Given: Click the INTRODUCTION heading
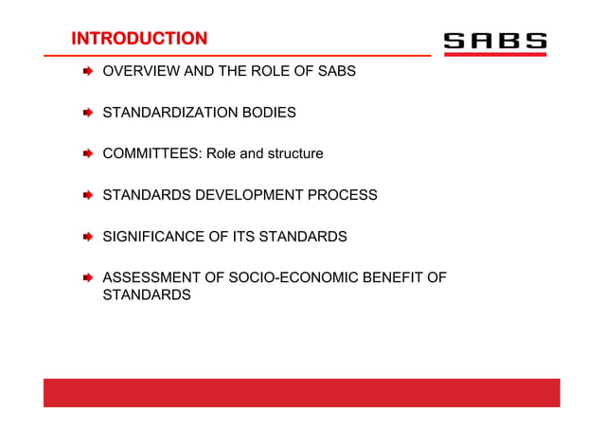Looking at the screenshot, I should [x=139, y=39].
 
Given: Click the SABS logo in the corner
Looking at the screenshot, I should [x=495, y=42].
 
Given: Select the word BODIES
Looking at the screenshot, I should [x=268, y=113].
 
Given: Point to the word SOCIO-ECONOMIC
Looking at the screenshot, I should [x=279, y=277].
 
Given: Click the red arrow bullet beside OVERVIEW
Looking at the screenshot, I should [x=86, y=71].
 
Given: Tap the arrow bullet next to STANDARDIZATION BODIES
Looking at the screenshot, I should [x=86, y=113].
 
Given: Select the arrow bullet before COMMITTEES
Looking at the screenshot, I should [x=86, y=153].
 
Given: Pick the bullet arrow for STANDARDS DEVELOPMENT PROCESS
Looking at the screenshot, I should [x=86, y=195].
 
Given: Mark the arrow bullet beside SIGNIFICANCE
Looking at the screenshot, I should [x=86, y=237].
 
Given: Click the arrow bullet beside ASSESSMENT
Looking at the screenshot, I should [x=86, y=277].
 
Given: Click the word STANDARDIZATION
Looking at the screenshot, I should [x=169, y=113].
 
